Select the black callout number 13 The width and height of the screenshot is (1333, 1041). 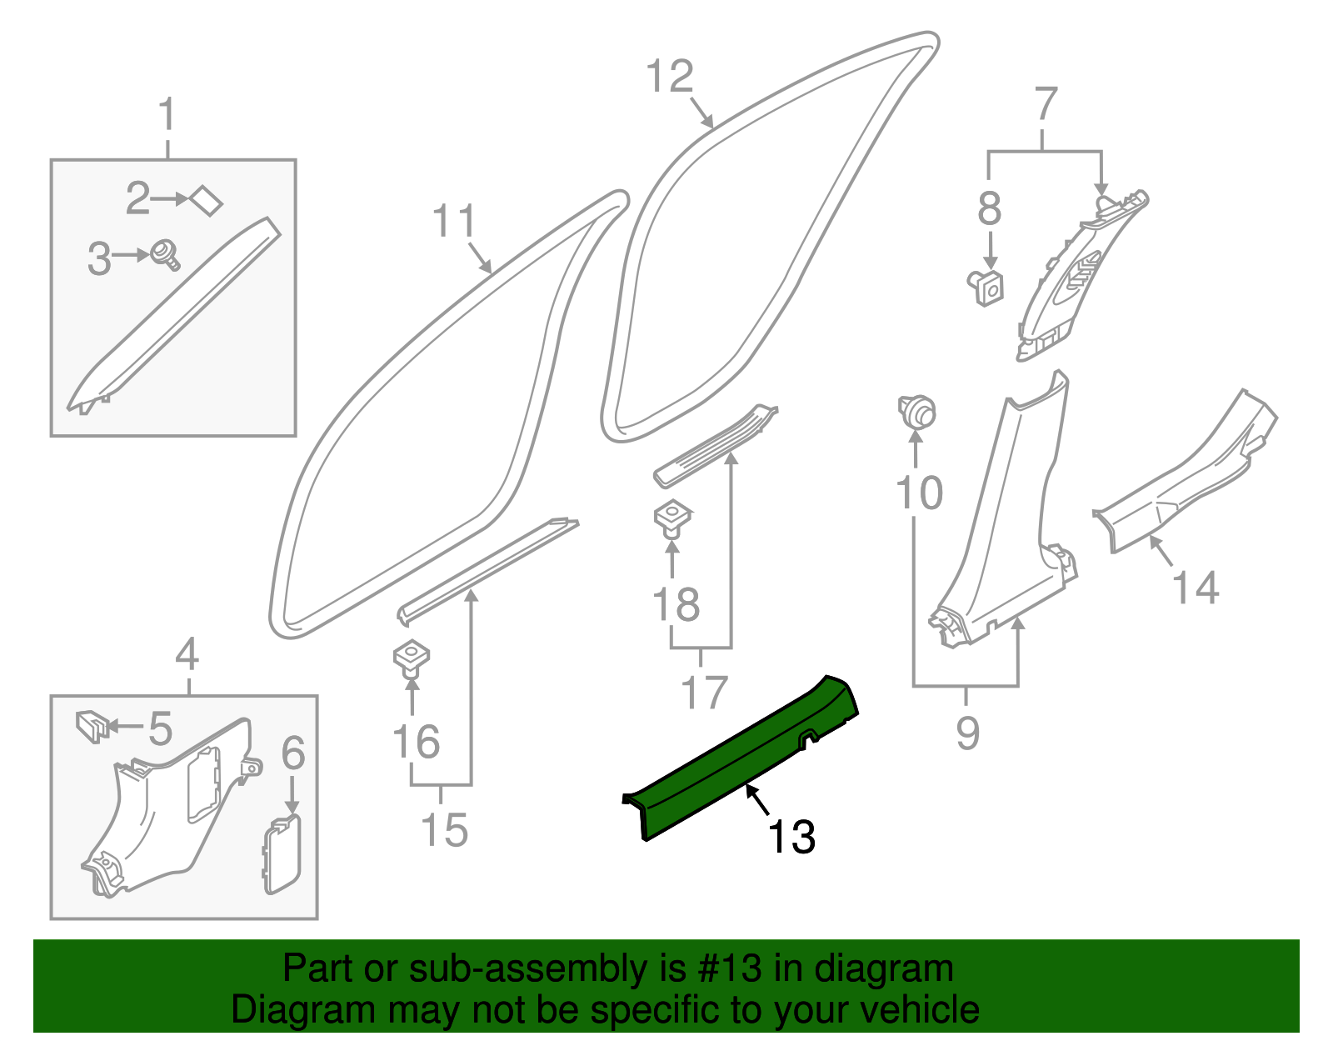[791, 837]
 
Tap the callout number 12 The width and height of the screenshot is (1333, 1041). [670, 77]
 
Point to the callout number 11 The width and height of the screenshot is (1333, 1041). [454, 222]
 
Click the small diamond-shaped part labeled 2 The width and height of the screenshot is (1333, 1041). [206, 200]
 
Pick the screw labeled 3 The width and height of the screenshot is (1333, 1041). [165, 253]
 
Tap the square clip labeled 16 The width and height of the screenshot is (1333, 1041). [411, 657]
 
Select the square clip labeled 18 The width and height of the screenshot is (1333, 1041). [672, 517]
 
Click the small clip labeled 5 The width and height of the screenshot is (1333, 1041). [91, 725]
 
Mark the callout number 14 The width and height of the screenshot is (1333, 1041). [1196, 588]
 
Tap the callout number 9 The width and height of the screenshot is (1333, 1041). [967, 733]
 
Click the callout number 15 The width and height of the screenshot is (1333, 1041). [444, 830]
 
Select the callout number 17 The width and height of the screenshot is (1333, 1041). [704, 692]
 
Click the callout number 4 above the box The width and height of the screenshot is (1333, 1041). [187, 654]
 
